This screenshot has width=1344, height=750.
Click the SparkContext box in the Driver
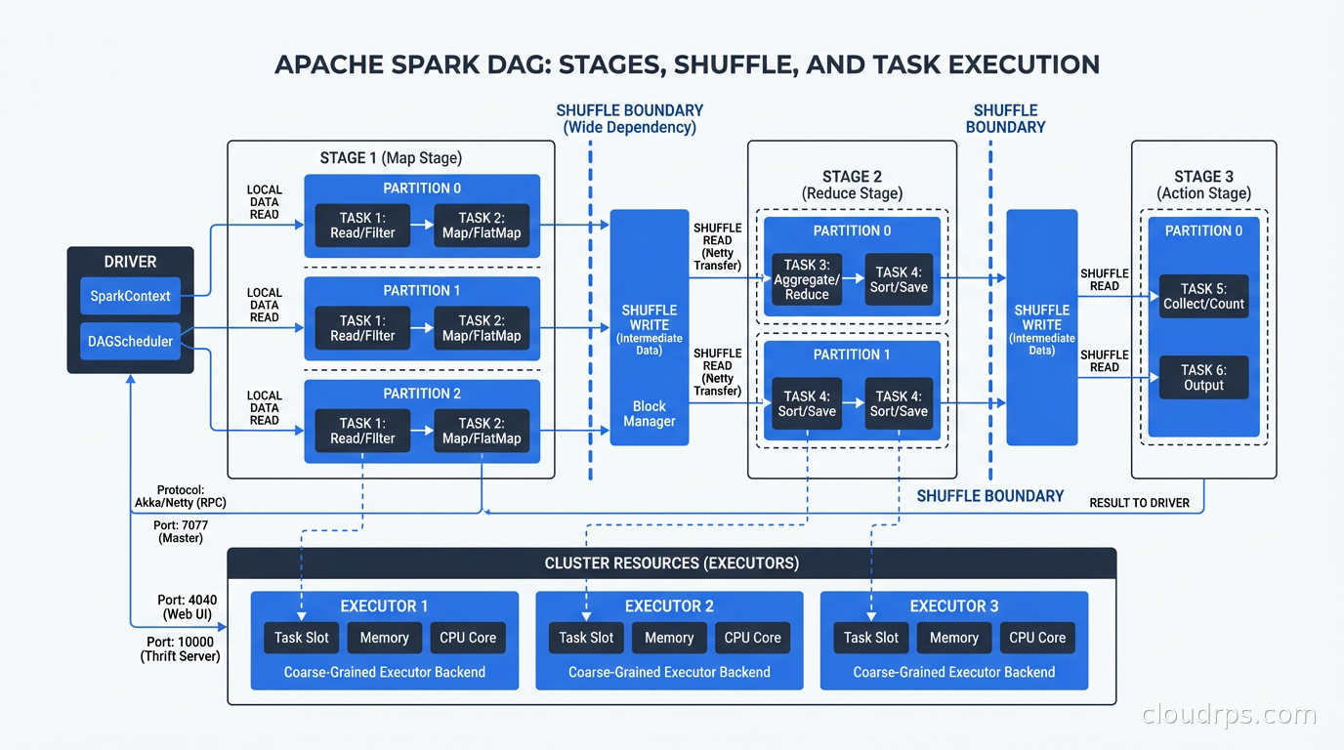(130, 296)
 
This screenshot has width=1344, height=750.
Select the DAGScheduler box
(130, 342)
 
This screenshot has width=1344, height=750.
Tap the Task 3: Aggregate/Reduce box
(807, 279)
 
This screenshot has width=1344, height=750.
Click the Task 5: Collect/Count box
(1203, 296)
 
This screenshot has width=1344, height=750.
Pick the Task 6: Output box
(1203, 378)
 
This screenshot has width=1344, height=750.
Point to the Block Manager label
(649, 414)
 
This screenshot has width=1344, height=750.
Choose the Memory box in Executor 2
(669, 638)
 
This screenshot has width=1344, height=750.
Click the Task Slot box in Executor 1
(302, 638)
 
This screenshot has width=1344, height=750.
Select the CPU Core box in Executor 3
(1037, 638)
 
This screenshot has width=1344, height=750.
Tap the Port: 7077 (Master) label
(181, 532)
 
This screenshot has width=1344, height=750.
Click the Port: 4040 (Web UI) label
(188, 607)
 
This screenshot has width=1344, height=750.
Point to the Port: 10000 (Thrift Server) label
(180, 649)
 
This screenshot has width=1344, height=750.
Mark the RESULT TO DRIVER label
(1139, 503)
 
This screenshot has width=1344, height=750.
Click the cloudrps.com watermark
(1229, 715)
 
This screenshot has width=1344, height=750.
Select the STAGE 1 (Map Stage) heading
(391, 158)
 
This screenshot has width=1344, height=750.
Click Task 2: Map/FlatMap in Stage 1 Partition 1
(482, 328)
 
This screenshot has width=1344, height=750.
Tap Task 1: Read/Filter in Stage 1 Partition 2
(362, 431)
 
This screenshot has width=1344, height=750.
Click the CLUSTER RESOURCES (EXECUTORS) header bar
(671, 563)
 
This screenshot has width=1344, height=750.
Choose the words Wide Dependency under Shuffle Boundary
(629, 128)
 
